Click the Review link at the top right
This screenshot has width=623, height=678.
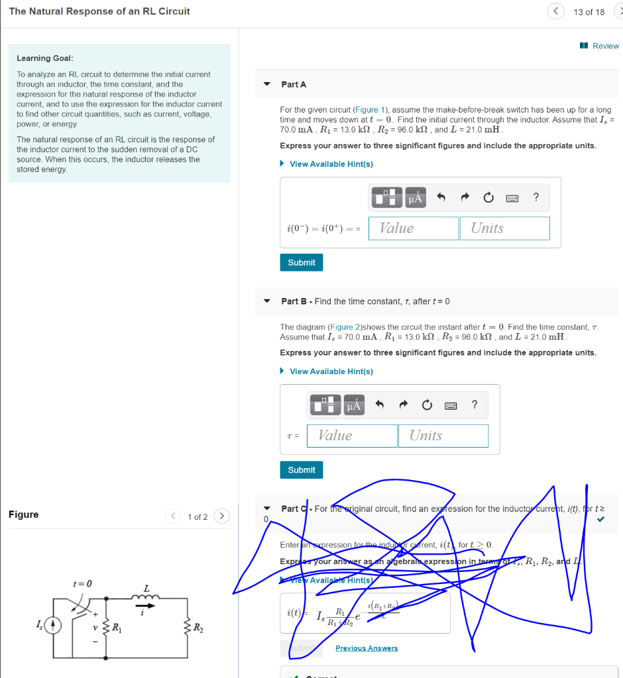600,46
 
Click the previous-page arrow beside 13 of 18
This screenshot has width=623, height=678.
556,11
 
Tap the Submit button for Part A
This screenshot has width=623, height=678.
302,263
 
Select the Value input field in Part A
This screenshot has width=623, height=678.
413,228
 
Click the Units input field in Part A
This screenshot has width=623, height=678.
504,228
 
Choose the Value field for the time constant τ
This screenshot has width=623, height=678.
352,436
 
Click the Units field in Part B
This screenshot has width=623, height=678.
443,436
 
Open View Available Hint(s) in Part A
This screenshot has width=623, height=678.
331,164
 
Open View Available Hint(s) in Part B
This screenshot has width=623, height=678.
331,371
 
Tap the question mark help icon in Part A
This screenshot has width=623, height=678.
536,197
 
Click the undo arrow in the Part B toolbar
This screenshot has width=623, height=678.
380,405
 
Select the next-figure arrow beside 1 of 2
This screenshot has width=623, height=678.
222,516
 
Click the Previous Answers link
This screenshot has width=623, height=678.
367,648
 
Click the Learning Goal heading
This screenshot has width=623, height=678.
45,58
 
